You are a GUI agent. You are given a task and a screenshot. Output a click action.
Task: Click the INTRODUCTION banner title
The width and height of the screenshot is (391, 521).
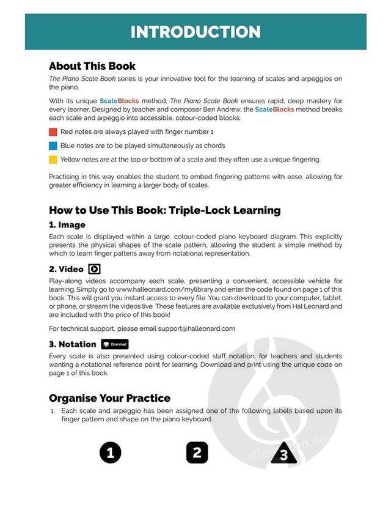coord(195,32)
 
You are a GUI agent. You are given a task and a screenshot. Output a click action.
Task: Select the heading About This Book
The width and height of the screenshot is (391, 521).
coord(92,66)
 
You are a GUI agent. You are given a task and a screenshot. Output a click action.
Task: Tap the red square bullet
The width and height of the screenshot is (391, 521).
coord(53,131)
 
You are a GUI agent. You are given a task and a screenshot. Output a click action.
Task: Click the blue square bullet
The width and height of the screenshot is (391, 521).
coord(53,146)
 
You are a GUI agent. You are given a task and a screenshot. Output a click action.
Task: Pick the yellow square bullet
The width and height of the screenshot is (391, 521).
coord(53,160)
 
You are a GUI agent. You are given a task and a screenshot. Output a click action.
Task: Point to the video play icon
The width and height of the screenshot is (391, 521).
coord(95,269)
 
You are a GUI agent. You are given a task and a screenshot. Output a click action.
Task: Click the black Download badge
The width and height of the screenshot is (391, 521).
coord(114,344)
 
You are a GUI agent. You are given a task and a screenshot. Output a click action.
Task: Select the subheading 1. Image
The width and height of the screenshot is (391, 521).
coord(67,225)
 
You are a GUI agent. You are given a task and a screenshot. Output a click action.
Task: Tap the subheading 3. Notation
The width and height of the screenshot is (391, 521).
coord(73,344)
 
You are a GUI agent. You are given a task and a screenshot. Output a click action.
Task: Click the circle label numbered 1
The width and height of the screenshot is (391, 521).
coord(110,453)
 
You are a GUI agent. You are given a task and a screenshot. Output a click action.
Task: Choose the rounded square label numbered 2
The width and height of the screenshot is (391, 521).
coord(197,453)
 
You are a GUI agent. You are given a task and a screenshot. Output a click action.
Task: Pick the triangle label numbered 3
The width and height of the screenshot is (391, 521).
coord(283,454)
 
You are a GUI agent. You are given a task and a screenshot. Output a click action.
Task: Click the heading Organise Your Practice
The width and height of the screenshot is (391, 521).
coord(109,399)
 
